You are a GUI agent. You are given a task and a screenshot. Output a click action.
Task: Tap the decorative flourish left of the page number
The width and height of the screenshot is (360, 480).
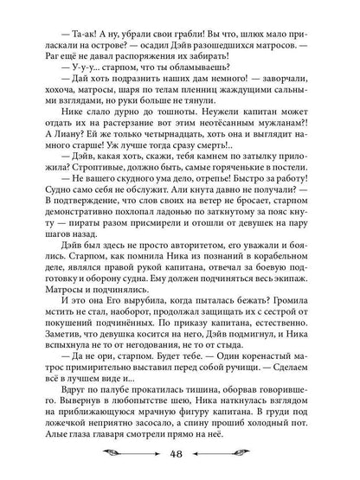pyautogui.click(x=138, y=457)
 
